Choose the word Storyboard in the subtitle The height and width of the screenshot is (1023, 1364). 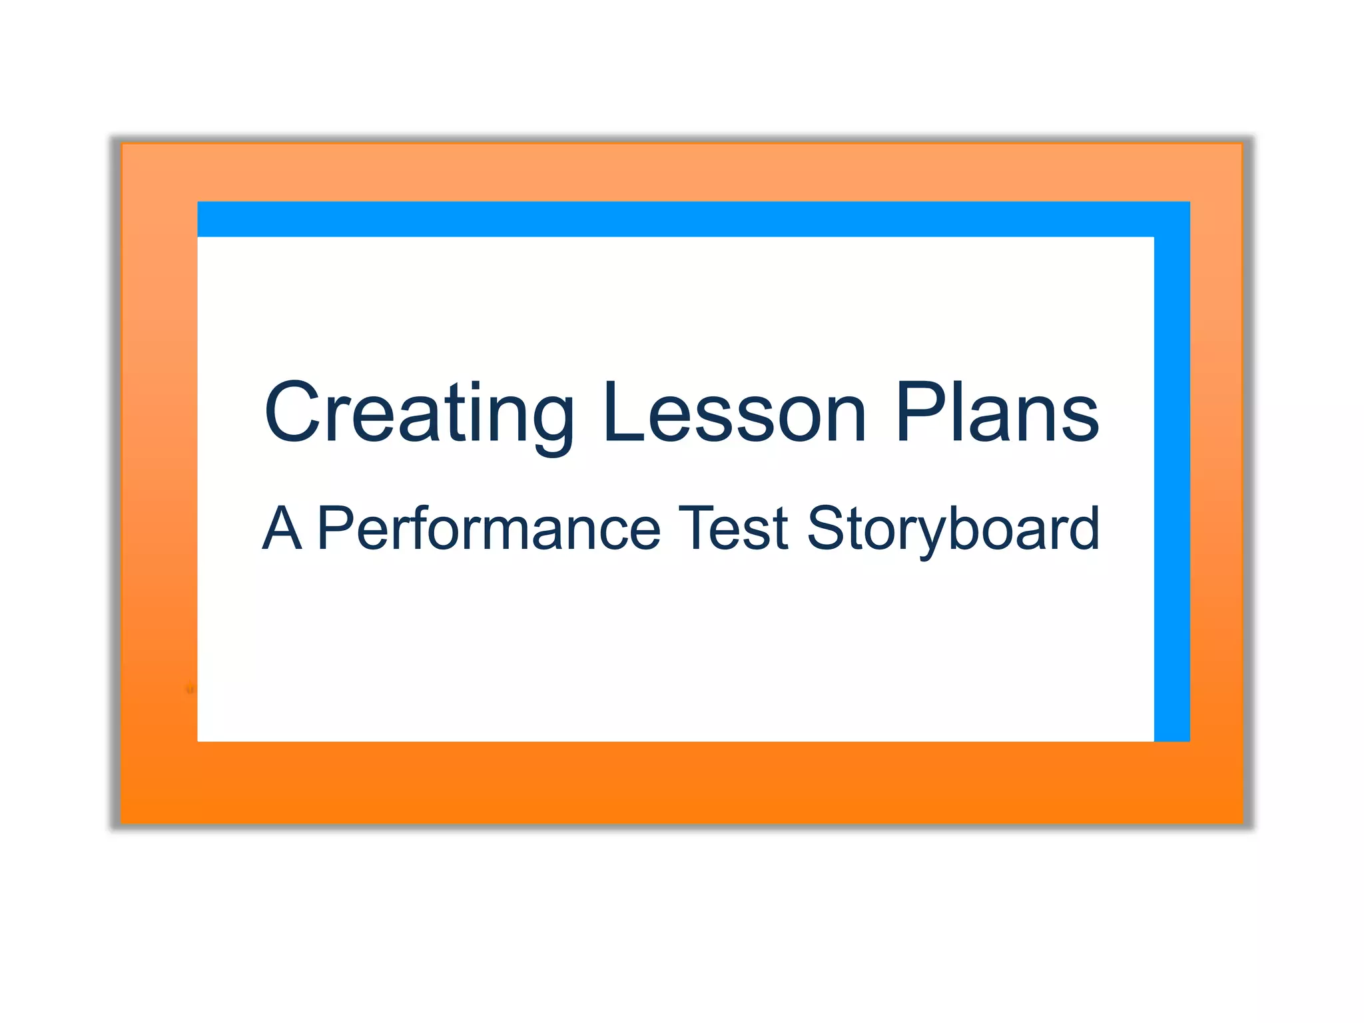[x=952, y=529]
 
